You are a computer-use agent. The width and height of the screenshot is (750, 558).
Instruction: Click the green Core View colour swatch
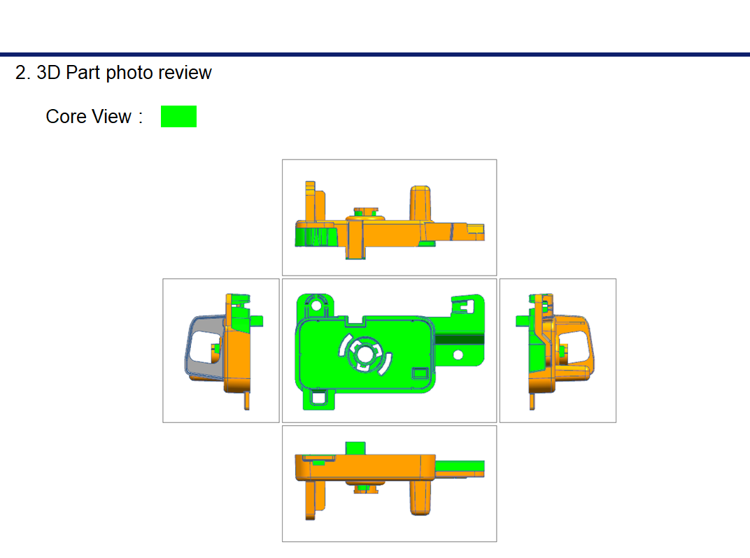pyautogui.click(x=178, y=116)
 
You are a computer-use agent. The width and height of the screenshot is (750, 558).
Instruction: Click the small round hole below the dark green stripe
pyautogui.click(x=458, y=355)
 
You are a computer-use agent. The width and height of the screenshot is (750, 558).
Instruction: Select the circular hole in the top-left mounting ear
pyautogui.click(x=316, y=306)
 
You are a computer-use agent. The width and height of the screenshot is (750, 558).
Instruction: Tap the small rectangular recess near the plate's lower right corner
pyautogui.click(x=421, y=373)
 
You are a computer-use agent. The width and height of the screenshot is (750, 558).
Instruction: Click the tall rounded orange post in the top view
pyautogui.click(x=421, y=203)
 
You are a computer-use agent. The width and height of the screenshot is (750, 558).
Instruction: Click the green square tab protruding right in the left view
pyautogui.click(x=256, y=320)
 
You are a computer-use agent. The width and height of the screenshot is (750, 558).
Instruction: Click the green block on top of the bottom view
pyautogui.click(x=355, y=448)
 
